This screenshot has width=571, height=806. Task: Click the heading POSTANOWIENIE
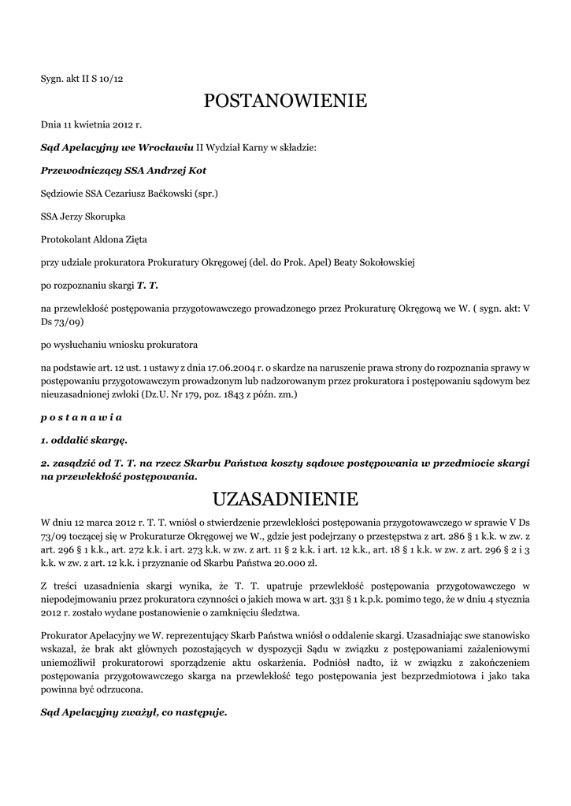[x=285, y=101]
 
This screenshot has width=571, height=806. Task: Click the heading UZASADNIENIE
[x=285, y=499]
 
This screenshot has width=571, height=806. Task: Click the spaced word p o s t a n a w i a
[x=81, y=416]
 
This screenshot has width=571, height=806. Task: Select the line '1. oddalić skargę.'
[x=83, y=439]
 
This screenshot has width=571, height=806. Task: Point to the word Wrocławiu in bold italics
[x=167, y=147]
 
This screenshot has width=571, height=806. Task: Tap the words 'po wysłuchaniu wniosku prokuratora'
[x=119, y=345]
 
